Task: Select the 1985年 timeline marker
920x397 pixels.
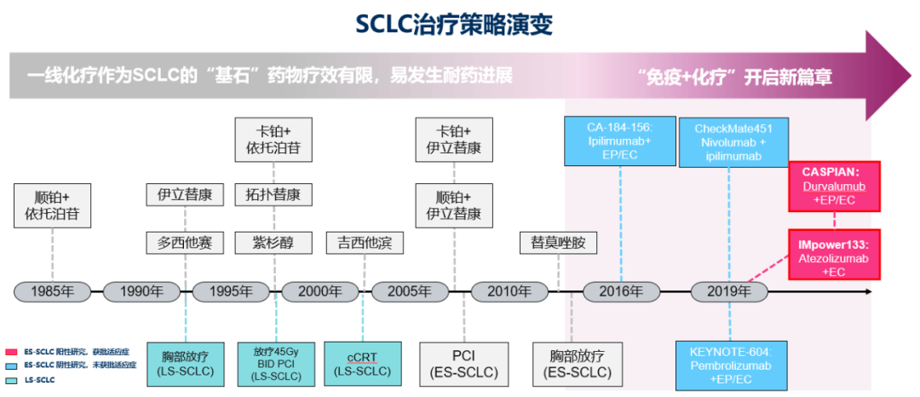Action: [53, 291]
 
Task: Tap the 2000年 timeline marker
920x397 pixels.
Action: [320, 291]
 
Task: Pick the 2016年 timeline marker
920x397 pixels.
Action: [621, 291]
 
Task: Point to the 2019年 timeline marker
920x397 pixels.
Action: [730, 291]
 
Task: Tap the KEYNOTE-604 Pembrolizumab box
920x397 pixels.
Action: [730, 363]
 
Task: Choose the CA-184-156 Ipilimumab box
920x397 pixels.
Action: [620, 141]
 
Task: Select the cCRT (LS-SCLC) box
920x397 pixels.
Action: [362, 363]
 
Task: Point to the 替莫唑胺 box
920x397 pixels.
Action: [558, 243]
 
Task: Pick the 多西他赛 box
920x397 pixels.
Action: [185, 243]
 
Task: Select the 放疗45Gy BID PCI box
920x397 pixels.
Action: [276, 363]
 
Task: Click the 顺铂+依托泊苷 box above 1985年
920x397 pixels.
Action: [53, 204]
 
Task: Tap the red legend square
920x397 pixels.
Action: [11, 351]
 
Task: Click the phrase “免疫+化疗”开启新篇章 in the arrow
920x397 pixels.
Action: [734, 78]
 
